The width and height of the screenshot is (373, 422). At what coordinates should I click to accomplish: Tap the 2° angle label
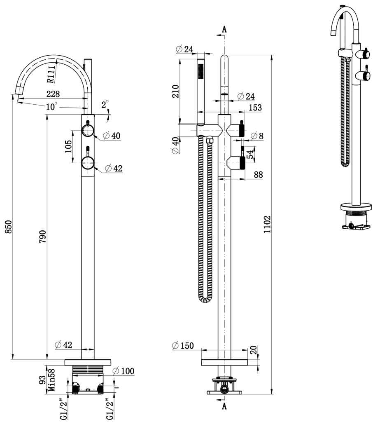(105, 103)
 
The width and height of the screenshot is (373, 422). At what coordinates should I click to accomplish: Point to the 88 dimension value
(258, 174)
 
